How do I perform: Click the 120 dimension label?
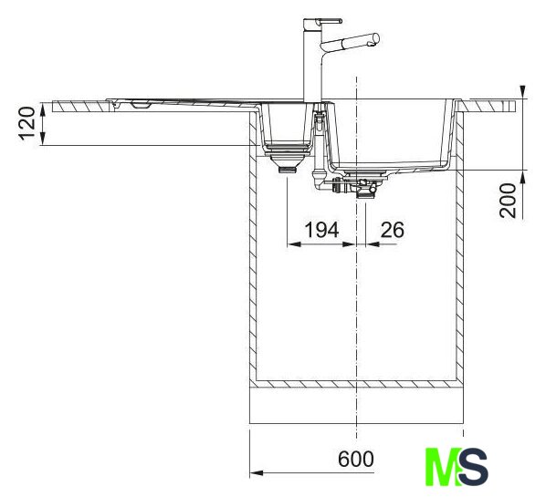click(x=26, y=124)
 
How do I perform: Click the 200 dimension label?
click(x=508, y=201)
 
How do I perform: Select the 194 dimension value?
click(x=321, y=230)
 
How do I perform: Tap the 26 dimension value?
click(x=393, y=230)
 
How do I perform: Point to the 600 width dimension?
click(x=355, y=459)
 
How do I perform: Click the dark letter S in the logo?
click(x=473, y=467)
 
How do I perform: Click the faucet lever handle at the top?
click(x=329, y=21)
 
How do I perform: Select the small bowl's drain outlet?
click(x=288, y=170)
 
